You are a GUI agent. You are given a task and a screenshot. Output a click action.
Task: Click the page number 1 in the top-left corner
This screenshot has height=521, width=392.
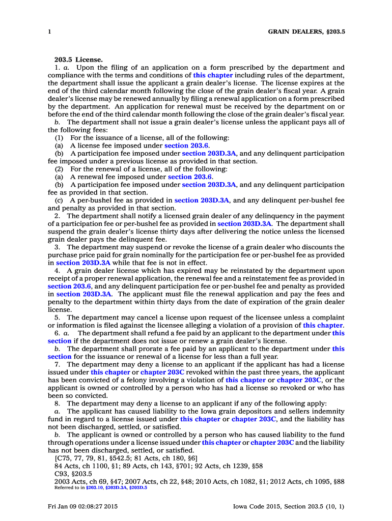coord(49,32)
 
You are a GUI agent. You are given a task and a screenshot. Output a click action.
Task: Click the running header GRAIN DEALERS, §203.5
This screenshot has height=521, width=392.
coord(306,32)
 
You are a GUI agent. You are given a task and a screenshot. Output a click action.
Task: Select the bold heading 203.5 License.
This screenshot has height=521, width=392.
coord(78,60)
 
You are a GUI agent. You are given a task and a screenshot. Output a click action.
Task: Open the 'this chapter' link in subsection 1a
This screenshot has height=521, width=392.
coord(213,75)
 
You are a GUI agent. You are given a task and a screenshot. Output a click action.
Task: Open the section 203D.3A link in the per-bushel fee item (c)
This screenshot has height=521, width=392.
coord(202,200)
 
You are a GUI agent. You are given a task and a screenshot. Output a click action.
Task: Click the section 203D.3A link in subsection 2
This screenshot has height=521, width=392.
coord(244,224)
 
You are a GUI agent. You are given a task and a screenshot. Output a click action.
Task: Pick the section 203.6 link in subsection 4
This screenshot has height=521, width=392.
coord(70,286)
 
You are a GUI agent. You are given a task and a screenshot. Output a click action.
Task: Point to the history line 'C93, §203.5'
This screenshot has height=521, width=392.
coord(73,473)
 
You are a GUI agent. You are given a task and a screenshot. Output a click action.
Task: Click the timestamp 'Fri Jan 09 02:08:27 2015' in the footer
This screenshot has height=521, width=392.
coord(83,506)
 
